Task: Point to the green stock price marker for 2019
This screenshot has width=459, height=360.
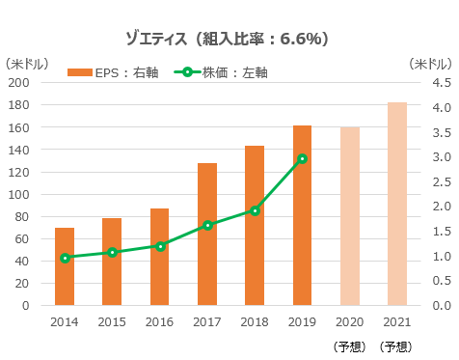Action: click(302, 158)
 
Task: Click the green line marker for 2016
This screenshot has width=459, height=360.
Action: click(160, 246)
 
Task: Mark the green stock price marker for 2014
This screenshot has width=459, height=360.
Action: click(65, 258)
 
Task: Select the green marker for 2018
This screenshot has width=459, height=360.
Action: click(255, 210)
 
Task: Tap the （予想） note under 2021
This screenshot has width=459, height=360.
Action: click(396, 346)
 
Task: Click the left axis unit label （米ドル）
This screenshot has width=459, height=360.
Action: click(27, 64)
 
